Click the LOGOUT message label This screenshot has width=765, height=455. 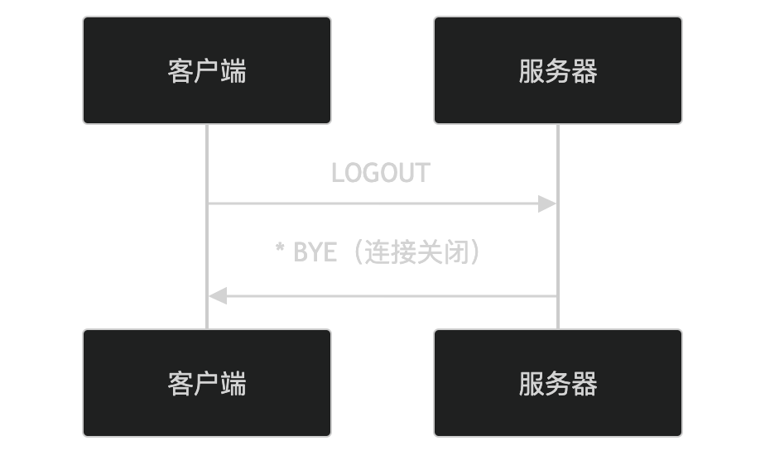pyautogui.click(x=380, y=173)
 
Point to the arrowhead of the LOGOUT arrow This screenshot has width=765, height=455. pyautogui.click(x=548, y=204)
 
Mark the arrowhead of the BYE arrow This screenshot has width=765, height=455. pyautogui.click(x=217, y=295)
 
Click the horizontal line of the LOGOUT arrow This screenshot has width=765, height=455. pyautogui.click(x=373, y=204)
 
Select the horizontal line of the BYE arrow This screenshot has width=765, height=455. pyautogui.click(x=389, y=295)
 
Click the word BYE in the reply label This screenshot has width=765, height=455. pyautogui.click(x=315, y=252)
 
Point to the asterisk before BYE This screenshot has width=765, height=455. pyautogui.click(x=281, y=249)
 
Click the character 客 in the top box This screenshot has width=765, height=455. pyautogui.click(x=180, y=71)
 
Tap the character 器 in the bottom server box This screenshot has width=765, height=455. pyautogui.click(x=585, y=384)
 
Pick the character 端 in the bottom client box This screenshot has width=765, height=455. pyautogui.click(x=233, y=384)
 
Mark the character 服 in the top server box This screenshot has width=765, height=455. pyautogui.click(x=532, y=71)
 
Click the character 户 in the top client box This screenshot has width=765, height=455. pyautogui.click(x=207, y=71)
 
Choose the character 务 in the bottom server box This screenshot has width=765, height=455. pyautogui.click(x=558, y=384)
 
